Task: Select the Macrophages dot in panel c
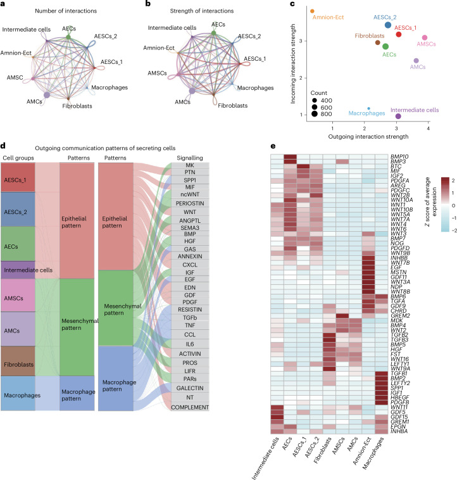368,109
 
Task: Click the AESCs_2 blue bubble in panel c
388,25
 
